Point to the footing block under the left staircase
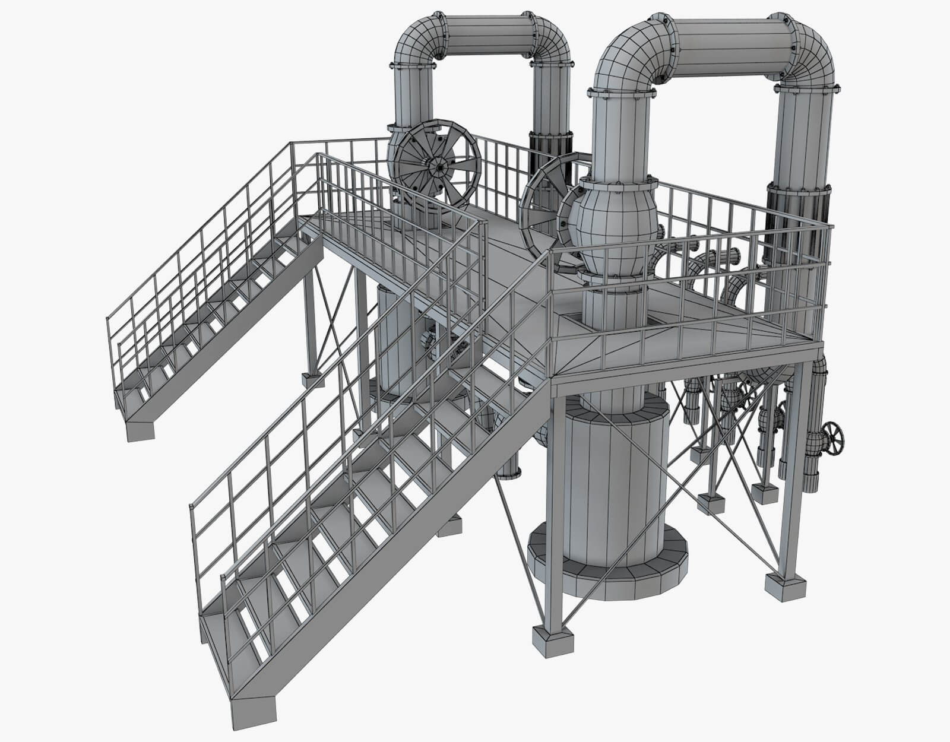141,429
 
